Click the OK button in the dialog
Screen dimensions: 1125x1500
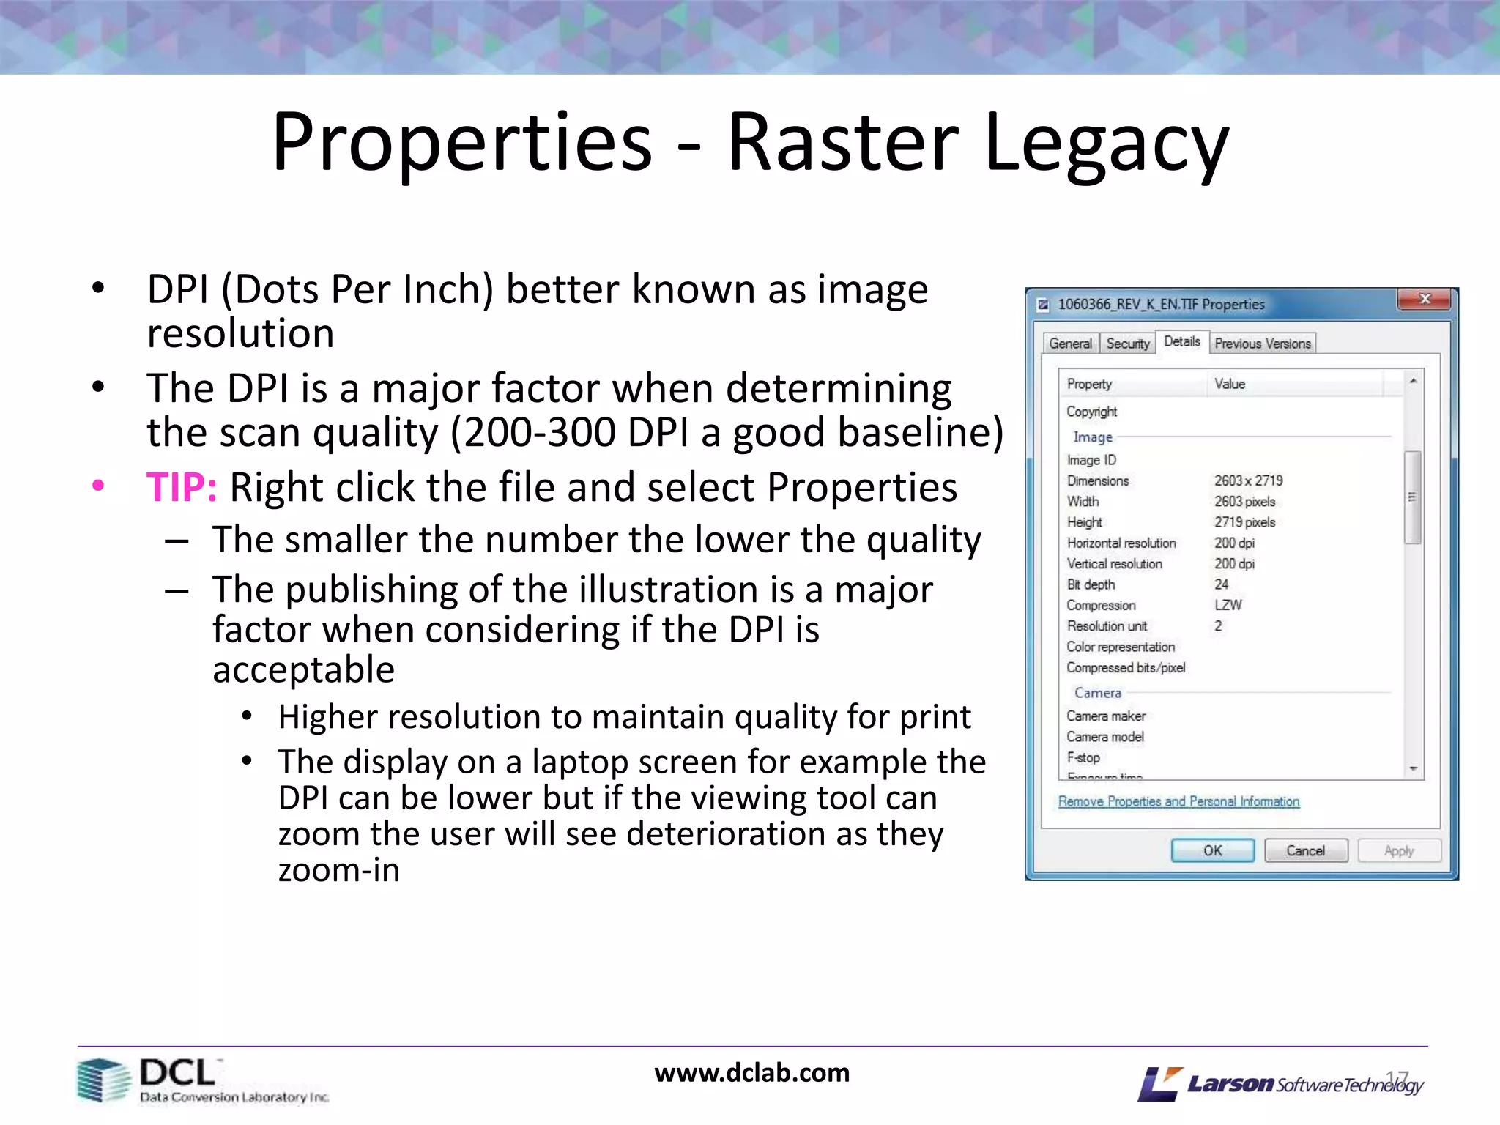click(1212, 850)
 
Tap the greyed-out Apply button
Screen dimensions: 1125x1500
click(1399, 850)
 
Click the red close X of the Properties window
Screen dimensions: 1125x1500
click(1424, 300)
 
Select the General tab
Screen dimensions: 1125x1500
click(1070, 344)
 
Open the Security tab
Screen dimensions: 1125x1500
click(1128, 344)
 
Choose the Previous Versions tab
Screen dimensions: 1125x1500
click(1263, 344)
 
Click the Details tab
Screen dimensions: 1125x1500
click(1182, 341)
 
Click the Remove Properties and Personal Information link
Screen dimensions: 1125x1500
click(1178, 801)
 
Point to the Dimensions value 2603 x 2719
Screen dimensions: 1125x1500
click(1248, 480)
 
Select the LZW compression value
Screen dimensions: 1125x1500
click(1228, 605)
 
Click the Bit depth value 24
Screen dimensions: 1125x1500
click(1222, 584)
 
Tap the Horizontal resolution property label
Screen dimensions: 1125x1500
click(1121, 543)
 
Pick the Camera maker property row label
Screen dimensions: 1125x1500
click(1106, 716)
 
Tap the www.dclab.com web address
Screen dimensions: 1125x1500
click(751, 1073)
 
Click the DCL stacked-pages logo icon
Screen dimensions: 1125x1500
click(103, 1080)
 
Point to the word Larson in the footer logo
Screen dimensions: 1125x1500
click(1230, 1083)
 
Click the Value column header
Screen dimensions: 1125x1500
click(1230, 384)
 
